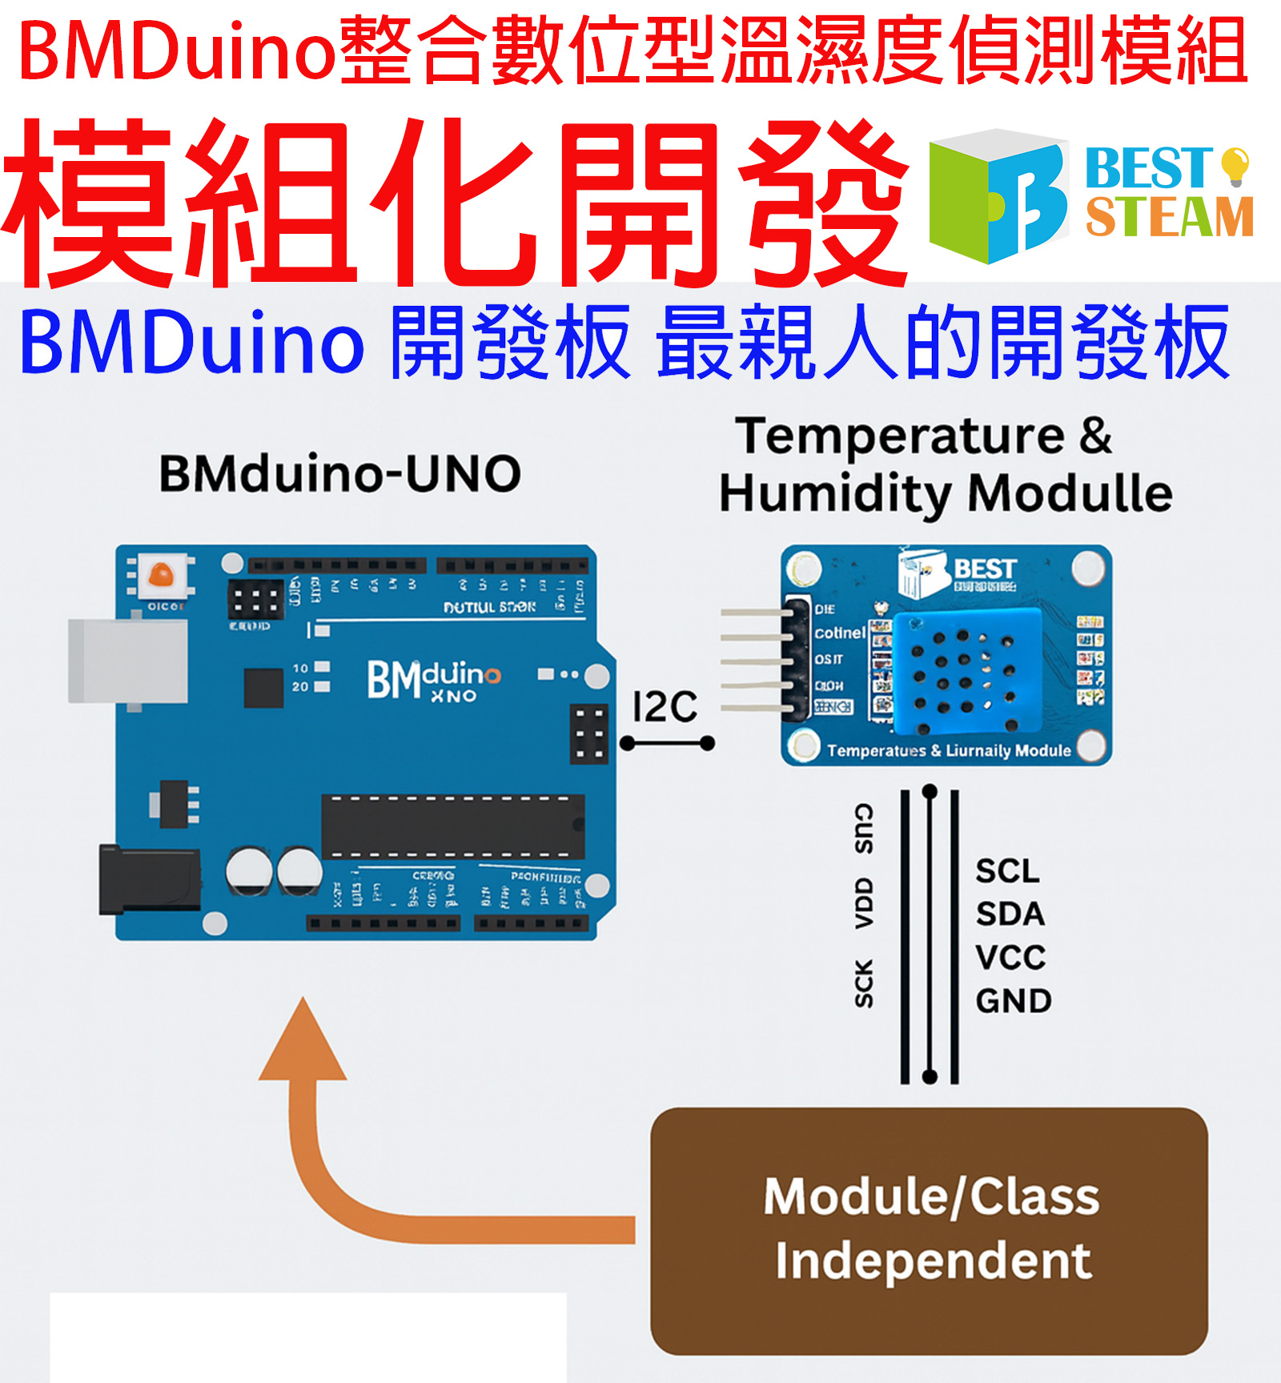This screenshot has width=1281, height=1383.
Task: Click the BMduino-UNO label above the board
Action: pos(340,473)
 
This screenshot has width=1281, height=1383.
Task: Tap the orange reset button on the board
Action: pos(161,574)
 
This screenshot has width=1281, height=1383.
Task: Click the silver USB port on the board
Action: pos(128,661)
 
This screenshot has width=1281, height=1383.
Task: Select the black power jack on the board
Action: pos(149,878)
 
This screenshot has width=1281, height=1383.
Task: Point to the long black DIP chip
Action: pos(452,826)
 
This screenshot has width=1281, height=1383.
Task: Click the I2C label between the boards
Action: pos(665,707)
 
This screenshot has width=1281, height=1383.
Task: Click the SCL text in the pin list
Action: pos(1007,871)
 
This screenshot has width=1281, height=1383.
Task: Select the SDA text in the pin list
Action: pos(1010,915)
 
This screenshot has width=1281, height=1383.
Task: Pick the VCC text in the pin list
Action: pos(1010,958)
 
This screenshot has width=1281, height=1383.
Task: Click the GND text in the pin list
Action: pos(1013,1001)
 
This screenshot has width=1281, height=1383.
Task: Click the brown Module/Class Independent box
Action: pos(929,1231)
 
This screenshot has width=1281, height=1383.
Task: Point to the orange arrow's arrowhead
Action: pos(303,1041)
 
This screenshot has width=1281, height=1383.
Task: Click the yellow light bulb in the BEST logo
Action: pos(1235,164)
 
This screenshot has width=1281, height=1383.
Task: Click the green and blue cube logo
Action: pos(997,196)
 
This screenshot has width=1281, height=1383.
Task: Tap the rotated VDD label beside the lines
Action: pos(863,903)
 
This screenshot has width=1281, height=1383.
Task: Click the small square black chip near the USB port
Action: pos(263,688)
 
